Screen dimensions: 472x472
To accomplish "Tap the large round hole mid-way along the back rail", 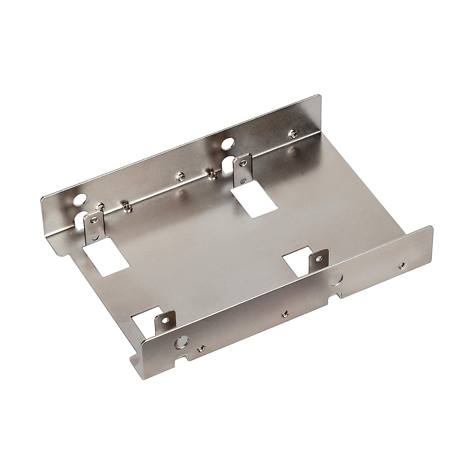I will tap(227, 144).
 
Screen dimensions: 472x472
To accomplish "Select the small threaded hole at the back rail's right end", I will tap(291, 134).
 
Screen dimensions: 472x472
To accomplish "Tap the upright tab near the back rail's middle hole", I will tap(241, 171).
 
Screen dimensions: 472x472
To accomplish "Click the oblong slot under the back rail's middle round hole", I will tap(227, 164).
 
